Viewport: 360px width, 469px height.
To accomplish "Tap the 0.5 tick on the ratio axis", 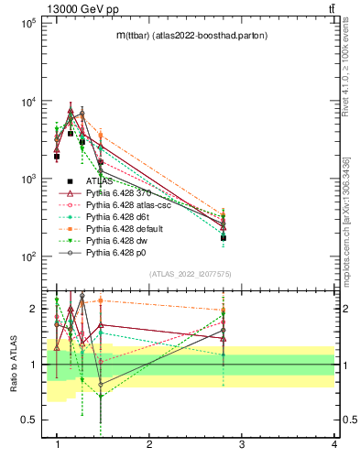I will [29, 420].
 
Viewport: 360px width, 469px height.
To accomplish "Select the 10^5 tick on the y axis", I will [28, 23].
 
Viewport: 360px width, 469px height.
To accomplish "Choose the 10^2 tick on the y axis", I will [28, 256].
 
